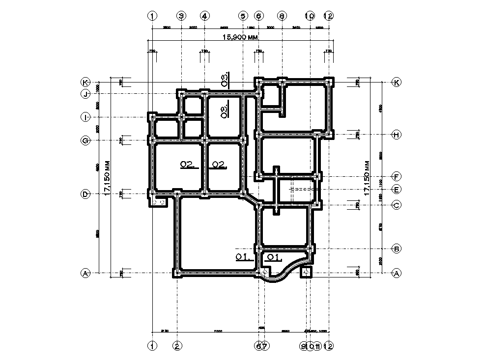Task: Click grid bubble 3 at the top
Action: (x=181, y=16)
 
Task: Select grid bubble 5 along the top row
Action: (x=243, y=16)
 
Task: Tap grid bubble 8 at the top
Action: (x=282, y=16)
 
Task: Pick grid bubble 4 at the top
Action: (x=204, y=16)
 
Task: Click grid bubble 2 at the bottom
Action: (x=177, y=346)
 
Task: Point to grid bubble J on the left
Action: (x=85, y=94)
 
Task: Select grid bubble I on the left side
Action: (x=85, y=117)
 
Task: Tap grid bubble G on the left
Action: (x=85, y=140)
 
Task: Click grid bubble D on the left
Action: (x=85, y=194)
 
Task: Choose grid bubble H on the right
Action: (x=396, y=135)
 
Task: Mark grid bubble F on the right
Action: (x=396, y=176)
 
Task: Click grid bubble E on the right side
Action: (x=396, y=189)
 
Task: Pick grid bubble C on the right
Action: (x=396, y=205)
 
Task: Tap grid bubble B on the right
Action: (x=396, y=249)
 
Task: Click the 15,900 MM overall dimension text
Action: (x=241, y=37)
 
